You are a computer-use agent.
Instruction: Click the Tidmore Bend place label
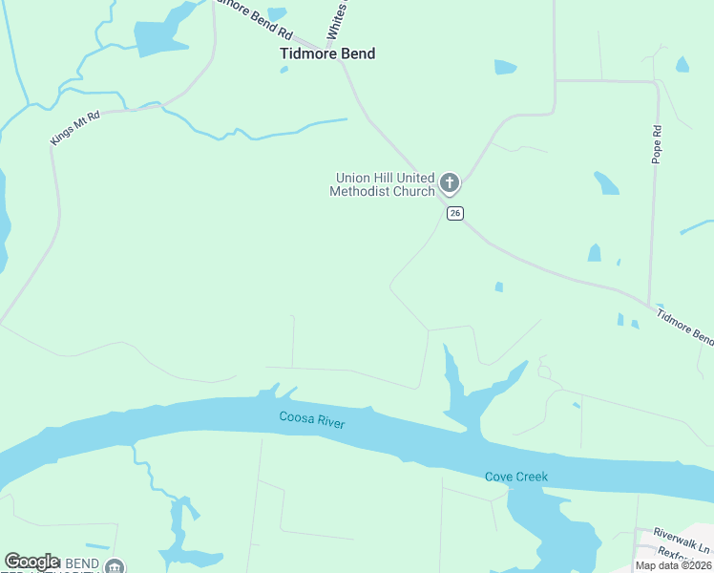point(327,54)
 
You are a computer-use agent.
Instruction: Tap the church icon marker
point(450,182)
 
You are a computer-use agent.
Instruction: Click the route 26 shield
point(455,213)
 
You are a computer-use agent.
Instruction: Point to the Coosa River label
point(311,418)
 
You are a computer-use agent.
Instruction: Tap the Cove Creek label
point(516,477)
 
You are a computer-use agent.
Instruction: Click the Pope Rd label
point(657,144)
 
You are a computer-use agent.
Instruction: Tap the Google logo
point(31,562)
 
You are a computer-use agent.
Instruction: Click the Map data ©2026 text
point(673,565)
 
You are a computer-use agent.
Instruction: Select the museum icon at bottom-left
point(115,566)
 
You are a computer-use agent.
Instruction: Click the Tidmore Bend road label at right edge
point(684,326)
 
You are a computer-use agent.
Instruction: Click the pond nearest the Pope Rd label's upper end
point(682,65)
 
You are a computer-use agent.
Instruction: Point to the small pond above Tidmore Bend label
point(277,14)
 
